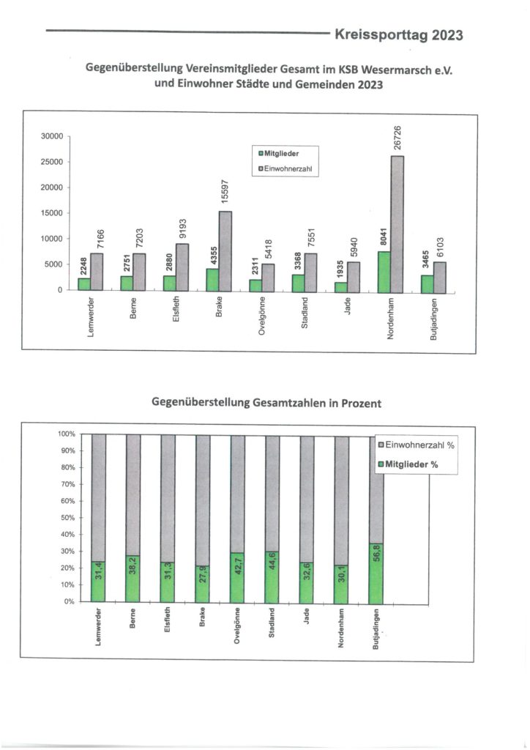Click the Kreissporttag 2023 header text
click(398, 35)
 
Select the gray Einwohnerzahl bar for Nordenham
click(397, 224)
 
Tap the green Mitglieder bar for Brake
click(213, 280)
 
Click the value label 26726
click(397, 138)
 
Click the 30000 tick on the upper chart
click(52, 136)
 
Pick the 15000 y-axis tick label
click(52, 213)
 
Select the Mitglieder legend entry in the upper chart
click(279, 154)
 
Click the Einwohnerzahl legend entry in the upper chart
click(285, 168)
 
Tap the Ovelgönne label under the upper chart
click(261, 316)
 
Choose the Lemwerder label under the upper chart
click(90, 316)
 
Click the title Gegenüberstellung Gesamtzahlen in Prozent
click(266, 403)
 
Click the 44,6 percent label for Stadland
click(272, 568)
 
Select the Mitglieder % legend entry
click(408, 464)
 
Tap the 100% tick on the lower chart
click(67, 434)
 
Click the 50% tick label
click(68, 518)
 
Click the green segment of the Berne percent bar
click(132, 579)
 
